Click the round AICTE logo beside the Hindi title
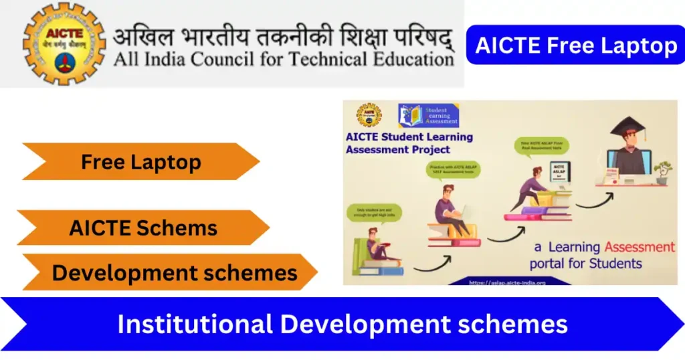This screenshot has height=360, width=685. click(x=64, y=43)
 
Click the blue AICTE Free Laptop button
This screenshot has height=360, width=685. click(x=575, y=45)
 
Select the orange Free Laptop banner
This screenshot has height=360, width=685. click(x=140, y=162)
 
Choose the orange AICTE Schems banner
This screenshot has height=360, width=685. click(x=142, y=228)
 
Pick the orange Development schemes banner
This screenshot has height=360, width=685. click(x=174, y=272)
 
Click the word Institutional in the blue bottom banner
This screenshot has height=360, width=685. click(x=195, y=325)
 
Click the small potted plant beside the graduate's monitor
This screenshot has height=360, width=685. click(x=662, y=172)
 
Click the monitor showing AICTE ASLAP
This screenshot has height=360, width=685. click(x=560, y=178)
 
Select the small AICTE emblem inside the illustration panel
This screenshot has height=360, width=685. click(x=369, y=115)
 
